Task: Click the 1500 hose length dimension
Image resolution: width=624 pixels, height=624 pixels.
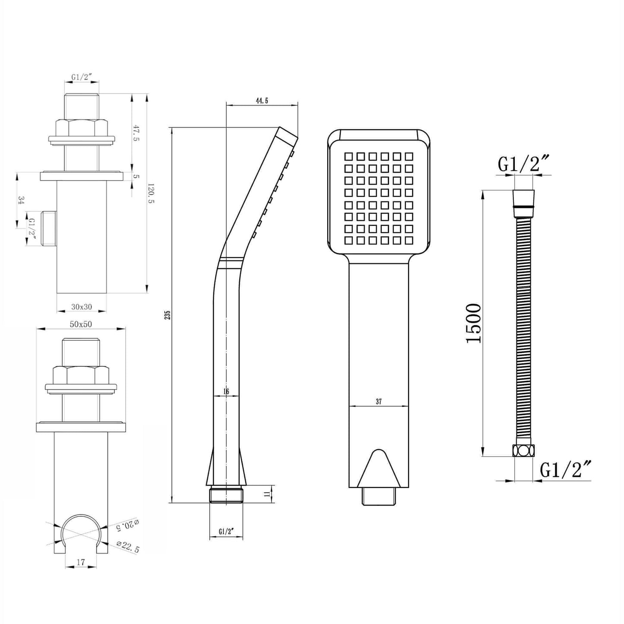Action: [x=473, y=323]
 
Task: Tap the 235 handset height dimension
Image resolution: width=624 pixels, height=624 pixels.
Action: [x=168, y=315]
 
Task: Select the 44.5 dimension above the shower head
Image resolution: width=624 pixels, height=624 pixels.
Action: [x=262, y=101]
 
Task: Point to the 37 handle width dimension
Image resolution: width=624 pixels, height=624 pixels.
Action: [x=379, y=402]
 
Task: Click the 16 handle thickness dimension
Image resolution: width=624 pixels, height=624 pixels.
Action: [x=226, y=391]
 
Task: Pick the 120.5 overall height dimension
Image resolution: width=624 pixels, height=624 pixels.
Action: [x=151, y=193]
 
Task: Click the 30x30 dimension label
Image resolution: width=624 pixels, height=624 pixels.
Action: [x=82, y=307]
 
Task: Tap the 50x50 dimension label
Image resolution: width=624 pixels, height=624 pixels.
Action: [x=81, y=324]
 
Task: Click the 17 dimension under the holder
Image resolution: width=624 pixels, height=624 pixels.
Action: [x=81, y=562]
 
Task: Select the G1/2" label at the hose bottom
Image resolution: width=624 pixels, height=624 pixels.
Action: [x=565, y=469]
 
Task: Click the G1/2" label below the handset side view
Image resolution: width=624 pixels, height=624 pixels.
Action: [x=226, y=532]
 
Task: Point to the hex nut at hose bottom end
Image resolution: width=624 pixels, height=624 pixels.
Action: [x=523, y=450]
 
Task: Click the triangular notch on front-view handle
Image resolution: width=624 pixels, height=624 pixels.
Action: [x=378, y=468]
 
